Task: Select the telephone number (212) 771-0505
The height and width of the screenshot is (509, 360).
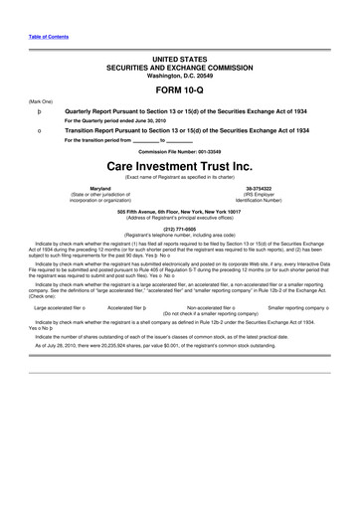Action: pyautogui.click(x=180, y=225)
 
